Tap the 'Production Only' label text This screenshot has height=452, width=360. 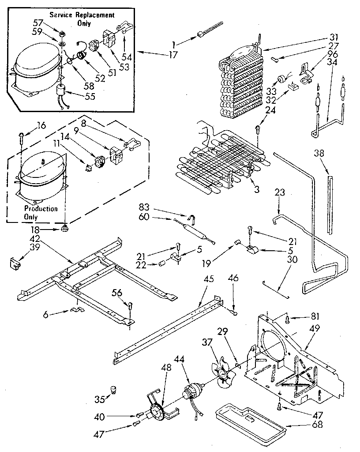pyautogui.click(x=41, y=212)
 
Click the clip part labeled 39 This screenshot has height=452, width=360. pyautogui.click(x=16, y=263)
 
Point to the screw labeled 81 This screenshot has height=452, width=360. pyautogui.click(x=287, y=317)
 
